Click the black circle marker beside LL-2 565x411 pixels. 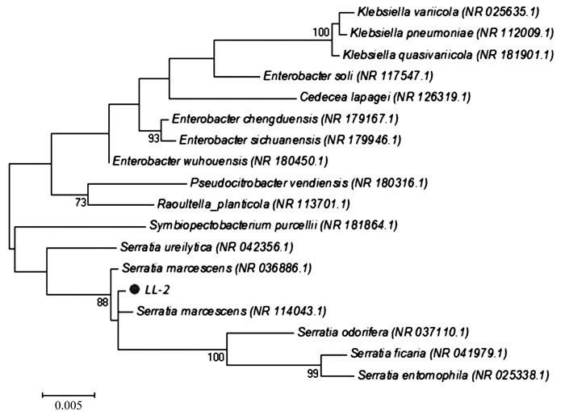tap(135, 289)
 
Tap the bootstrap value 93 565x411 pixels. tap(154, 138)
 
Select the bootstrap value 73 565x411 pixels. tap(81, 203)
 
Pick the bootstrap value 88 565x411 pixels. tap(103, 302)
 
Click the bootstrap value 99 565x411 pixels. tap(313, 374)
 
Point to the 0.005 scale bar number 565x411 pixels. tap(69, 405)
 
